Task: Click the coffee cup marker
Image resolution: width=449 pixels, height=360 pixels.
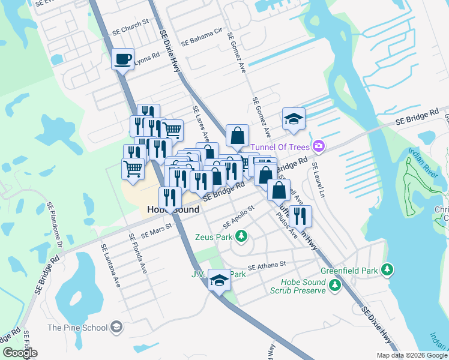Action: [123, 59]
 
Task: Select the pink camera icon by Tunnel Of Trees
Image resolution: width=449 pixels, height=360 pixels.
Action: [319, 146]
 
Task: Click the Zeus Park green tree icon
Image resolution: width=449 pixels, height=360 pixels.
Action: [241, 236]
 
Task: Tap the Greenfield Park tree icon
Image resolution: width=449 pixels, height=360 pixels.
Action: [388, 269]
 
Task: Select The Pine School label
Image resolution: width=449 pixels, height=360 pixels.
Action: [77, 328]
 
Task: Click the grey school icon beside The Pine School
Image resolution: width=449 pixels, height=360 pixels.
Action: [116, 327]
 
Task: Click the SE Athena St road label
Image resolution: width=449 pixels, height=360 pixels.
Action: [267, 265]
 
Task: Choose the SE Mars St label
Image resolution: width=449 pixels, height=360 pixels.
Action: [156, 231]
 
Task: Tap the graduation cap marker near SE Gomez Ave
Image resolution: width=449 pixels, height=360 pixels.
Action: [294, 119]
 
